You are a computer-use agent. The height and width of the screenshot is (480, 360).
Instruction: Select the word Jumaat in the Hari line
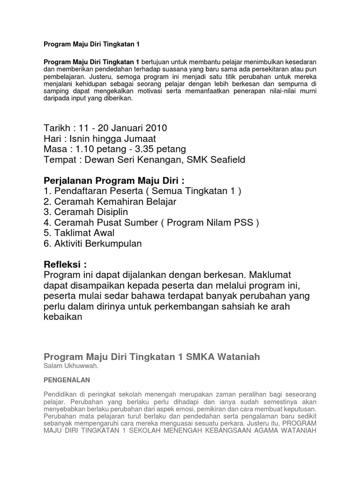click(141, 138)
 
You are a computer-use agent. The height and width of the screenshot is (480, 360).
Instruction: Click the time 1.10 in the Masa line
click(85, 149)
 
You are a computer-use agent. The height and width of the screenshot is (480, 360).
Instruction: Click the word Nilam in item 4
click(215, 222)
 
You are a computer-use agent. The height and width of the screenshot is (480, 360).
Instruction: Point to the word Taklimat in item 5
click(73, 233)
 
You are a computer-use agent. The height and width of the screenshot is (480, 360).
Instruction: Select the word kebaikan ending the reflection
click(63, 317)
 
